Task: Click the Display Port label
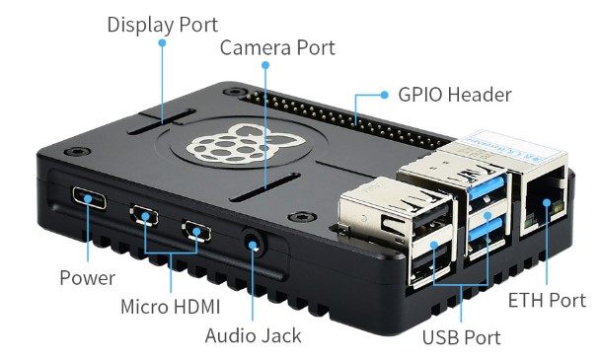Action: pos(162,25)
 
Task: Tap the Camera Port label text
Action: pos(277,47)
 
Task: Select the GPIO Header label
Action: pos(455,95)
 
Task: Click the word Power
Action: pos(87,278)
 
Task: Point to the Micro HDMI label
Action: pos(171,307)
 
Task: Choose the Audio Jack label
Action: pos(253,336)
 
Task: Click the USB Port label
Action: pos(461,337)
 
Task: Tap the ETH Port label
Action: pos(547,300)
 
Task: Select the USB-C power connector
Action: pos(89,197)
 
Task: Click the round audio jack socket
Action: pos(253,244)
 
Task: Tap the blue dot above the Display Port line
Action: pos(162,42)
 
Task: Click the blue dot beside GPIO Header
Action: pos(385,95)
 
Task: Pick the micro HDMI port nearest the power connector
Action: pos(144,215)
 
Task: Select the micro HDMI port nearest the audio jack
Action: pos(196,231)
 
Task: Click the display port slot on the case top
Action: pos(162,121)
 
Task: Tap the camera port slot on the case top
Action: pos(265,186)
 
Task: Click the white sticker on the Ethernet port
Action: pos(511,146)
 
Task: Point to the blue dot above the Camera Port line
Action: pos(265,65)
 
